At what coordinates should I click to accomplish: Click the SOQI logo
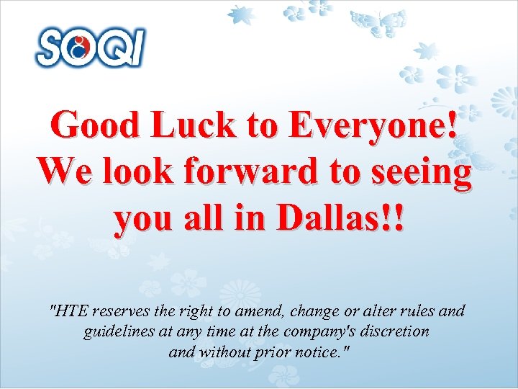coord(91,48)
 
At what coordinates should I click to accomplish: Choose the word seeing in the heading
coord(423,171)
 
